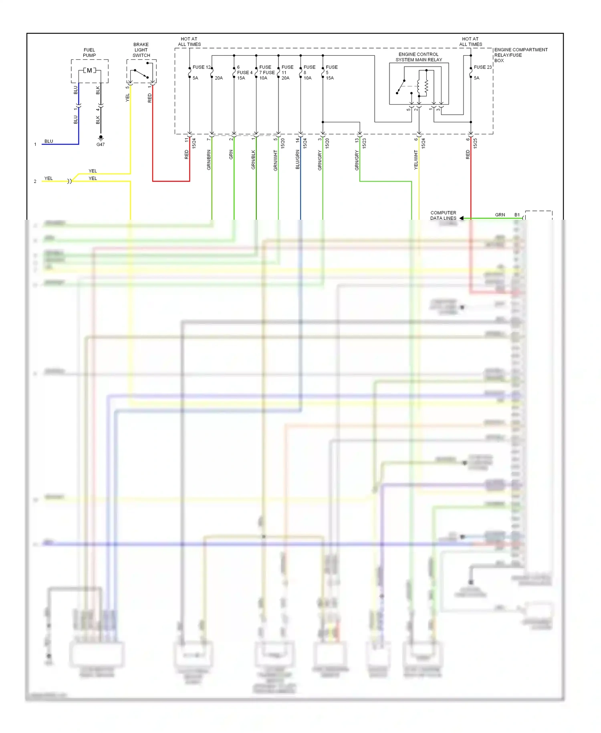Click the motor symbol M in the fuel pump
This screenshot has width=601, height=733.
click(89, 71)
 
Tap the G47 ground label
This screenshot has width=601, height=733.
click(101, 145)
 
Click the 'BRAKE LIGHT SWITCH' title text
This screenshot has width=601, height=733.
click(141, 50)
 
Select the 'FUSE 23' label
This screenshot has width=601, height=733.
click(482, 67)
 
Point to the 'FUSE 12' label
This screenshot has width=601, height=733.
click(201, 67)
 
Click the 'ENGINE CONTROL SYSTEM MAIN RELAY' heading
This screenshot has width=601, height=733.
click(419, 57)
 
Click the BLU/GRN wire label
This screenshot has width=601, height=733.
click(298, 160)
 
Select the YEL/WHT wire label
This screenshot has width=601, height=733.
click(416, 160)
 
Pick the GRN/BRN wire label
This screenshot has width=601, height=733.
click(209, 160)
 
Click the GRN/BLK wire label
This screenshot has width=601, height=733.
click(253, 160)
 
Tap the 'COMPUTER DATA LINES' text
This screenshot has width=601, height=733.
click(443, 216)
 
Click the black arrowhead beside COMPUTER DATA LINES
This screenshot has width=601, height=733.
click(462, 218)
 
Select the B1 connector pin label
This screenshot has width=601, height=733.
click(517, 215)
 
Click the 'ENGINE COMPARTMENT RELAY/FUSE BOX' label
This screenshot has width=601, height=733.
click(520, 55)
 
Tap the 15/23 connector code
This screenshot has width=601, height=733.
click(364, 144)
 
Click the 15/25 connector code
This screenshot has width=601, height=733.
click(475, 144)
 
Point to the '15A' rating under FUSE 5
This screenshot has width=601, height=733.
click(330, 78)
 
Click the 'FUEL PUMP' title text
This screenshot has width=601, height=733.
click(89, 53)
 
